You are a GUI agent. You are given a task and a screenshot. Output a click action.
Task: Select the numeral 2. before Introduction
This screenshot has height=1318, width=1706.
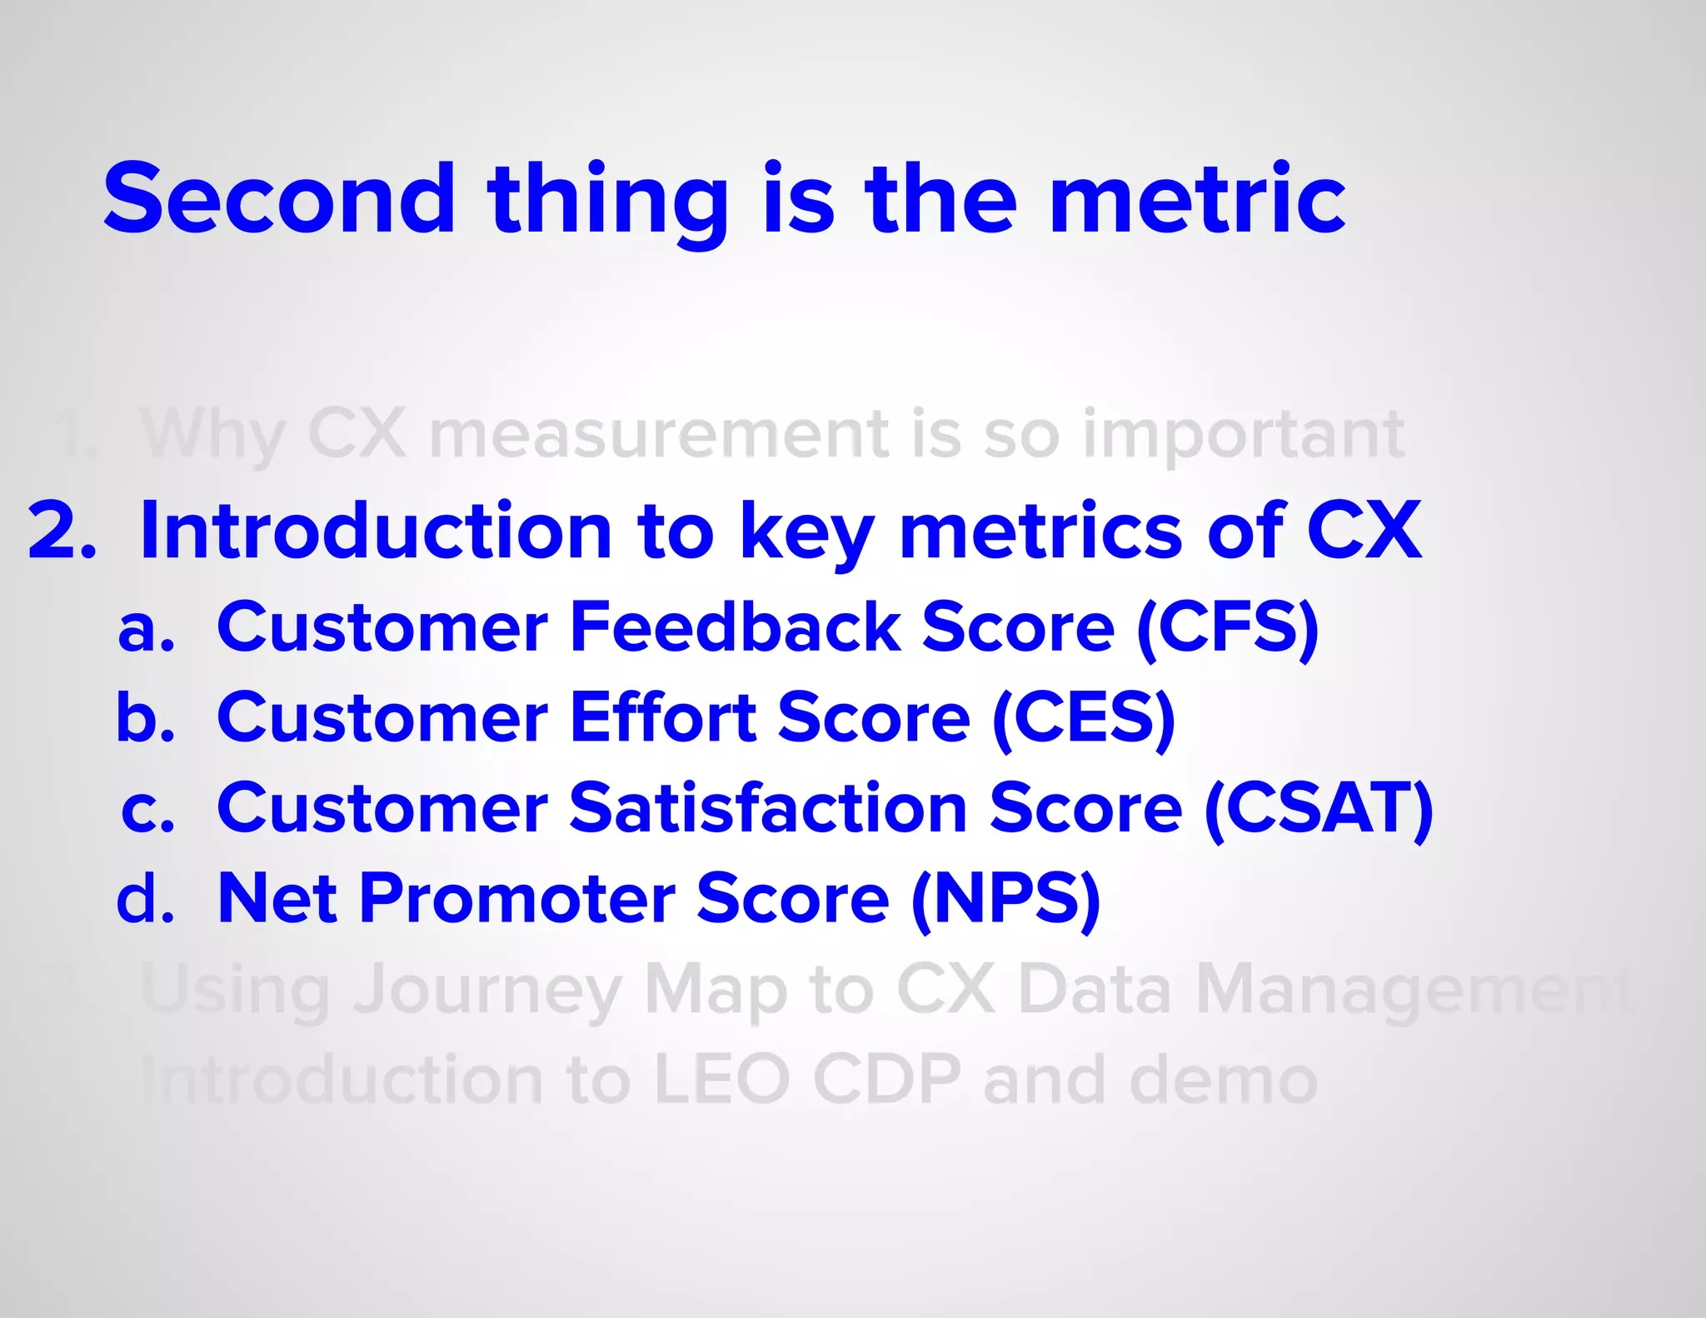(62, 531)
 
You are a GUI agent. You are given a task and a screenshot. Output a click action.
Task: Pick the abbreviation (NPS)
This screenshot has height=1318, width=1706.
(1006, 899)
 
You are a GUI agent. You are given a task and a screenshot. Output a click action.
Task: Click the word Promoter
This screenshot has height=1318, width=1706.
(517, 899)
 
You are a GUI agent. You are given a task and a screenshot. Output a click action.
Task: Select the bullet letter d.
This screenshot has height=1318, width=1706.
(145, 899)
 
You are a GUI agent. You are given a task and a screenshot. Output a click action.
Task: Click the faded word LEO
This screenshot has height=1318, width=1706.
(721, 1080)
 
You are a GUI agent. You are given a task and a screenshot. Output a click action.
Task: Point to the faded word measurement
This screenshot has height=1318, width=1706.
(659, 434)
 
